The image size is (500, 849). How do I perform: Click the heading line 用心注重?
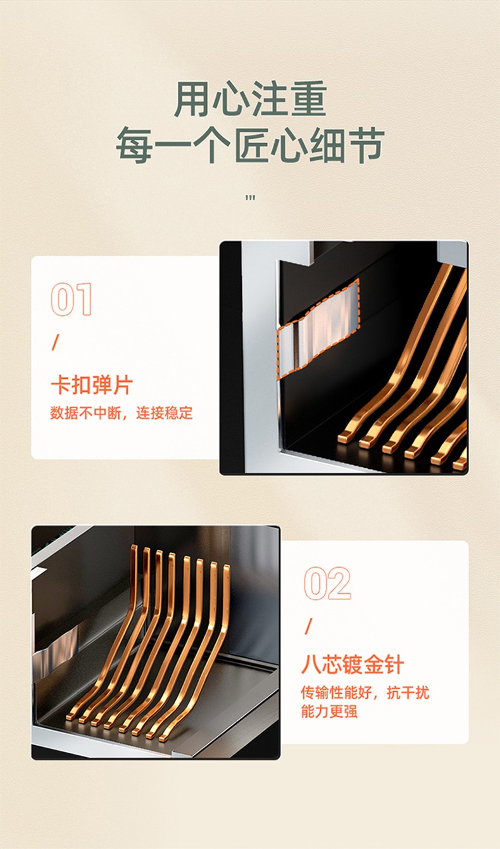pyautogui.click(x=250, y=99)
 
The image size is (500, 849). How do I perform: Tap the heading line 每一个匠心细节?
pyautogui.click(x=250, y=146)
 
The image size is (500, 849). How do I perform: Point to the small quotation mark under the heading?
pyautogui.click(x=250, y=198)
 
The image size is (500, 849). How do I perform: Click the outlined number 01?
pyautogui.click(x=71, y=299)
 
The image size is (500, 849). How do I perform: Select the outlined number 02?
pyautogui.click(x=327, y=584)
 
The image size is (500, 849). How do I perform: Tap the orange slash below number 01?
pyautogui.click(x=55, y=342)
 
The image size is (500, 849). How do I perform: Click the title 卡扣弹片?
pyautogui.click(x=92, y=385)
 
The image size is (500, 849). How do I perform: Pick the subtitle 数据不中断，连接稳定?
pyautogui.click(x=122, y=412)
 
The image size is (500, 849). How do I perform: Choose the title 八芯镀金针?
pyautogui.click(x=353, y=665)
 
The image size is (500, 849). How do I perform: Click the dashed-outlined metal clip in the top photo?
pyautogui.click(x=318, y=329)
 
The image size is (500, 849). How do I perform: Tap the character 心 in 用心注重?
pyautogui.click(x=232, y=99)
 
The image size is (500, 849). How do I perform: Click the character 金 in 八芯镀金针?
pyautogui.click(x=373, y=665)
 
